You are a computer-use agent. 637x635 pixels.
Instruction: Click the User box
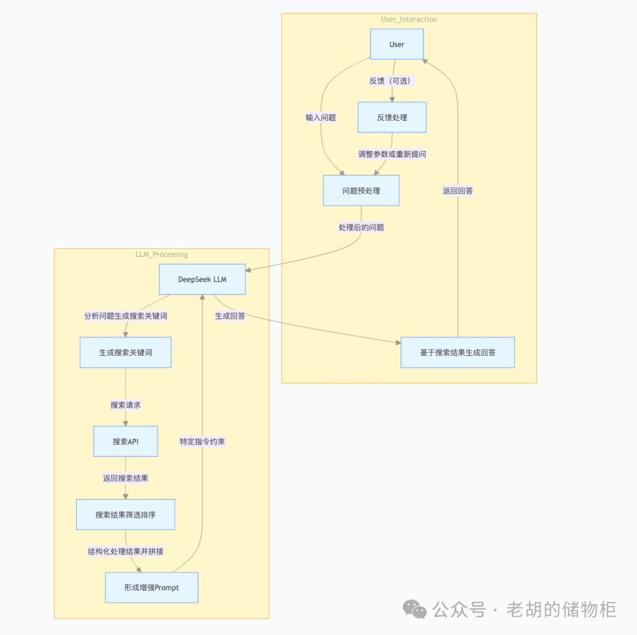pos(396,44)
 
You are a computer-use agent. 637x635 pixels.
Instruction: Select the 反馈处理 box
pos(392,117)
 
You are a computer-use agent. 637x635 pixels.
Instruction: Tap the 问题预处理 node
pos(361,190)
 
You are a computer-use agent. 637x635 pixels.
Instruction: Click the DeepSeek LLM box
pos(202,279)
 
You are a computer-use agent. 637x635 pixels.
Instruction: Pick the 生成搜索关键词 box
pos(126,352)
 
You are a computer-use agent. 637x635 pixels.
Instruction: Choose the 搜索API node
pos(126,441)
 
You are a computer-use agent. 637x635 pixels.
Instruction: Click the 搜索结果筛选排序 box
pos(126,514)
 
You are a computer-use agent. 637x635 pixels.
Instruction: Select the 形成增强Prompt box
pos(152,587)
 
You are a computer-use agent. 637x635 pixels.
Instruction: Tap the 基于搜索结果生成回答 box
pos(457,352)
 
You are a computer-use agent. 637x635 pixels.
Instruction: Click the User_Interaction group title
pos(409,19)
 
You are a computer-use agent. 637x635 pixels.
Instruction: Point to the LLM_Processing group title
pos(162,254)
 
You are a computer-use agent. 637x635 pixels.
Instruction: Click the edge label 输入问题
pos(320,117)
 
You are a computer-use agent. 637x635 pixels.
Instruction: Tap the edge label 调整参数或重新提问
pos(392,154)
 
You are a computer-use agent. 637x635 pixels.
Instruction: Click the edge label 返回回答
pos(458,190)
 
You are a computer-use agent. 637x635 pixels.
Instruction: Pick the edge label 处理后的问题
pos(361,227)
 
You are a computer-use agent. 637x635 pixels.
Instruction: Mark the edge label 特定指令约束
pos(202,441)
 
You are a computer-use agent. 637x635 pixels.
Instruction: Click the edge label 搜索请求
pos(126,405)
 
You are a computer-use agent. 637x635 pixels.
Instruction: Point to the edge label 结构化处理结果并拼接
pos(126,551)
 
